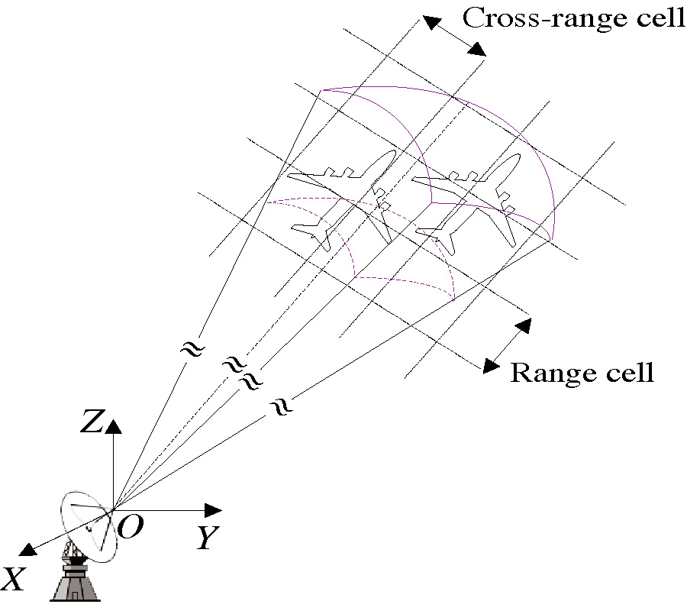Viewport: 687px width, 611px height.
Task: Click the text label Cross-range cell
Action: pos(574,18)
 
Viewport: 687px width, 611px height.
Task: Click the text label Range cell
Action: pos(582,373)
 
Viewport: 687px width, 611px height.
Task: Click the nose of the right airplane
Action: pos(517,157)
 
